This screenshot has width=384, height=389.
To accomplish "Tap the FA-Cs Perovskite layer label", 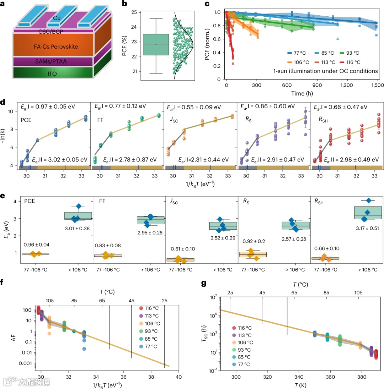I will tap(53, 47).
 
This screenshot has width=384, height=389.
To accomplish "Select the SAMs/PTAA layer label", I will tap(53, 61).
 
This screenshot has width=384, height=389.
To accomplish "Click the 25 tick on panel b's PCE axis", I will tap(134, 12).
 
